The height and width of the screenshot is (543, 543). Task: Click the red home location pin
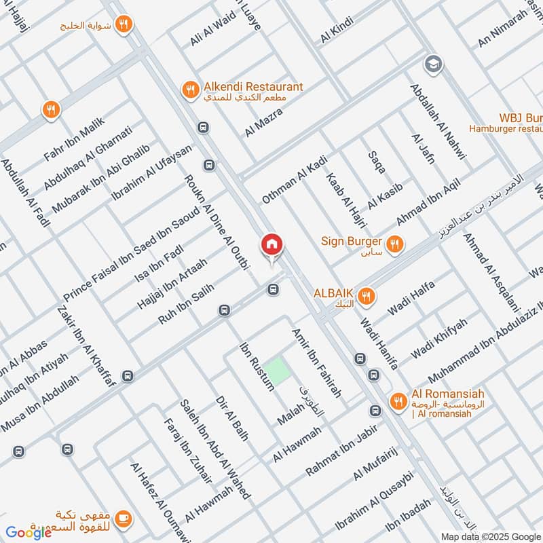tap(271, 245)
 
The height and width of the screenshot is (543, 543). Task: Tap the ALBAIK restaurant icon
tap(367, 295)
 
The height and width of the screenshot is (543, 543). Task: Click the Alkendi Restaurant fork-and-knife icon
tap(190, 89)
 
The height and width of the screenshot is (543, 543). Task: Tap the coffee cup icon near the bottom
tap(123, 518)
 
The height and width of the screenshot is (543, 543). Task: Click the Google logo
tap(29, 531)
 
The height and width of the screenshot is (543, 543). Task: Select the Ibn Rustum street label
tap(257, 367)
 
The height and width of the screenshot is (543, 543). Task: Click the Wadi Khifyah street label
tap(439, 338)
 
